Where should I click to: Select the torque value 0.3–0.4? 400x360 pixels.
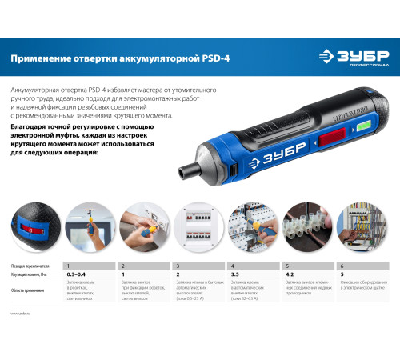pyautogui.click(x=78, y=274)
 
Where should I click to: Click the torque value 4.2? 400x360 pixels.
pyautogui.click(x=289, y=274)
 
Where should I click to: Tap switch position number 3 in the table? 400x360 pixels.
pyautogui.click(x=177, y=264)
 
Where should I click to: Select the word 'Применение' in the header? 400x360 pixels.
pyautogui.click(x=38, y=58)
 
